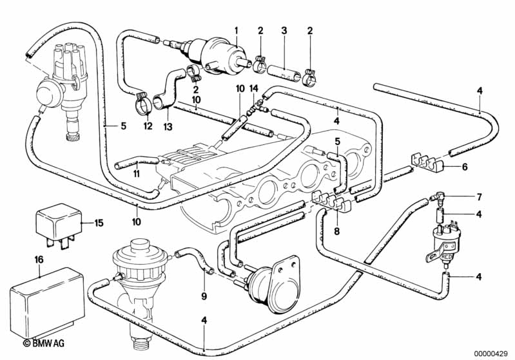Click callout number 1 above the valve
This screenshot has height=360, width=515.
pyautogui.click(x=237, y=30)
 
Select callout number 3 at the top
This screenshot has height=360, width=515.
pyautogui.click(x=284, y=30)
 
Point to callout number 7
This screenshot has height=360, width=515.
pyautogui.click(x=480, y=196)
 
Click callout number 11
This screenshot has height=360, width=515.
pyautogui.click(x=137, y=175)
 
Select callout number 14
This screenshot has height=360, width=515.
pyautogui.click(x=254, y=88)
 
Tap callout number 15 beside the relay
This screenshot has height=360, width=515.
pyautogui.click(x=99, y=223)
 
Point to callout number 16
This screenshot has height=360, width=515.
pyautogui.click(x=40, y=260)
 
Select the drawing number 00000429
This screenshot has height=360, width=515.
pyautogui.click(x=492, y=353)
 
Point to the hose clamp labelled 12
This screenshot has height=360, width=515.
pyautogui.click(x=144, y=101)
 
